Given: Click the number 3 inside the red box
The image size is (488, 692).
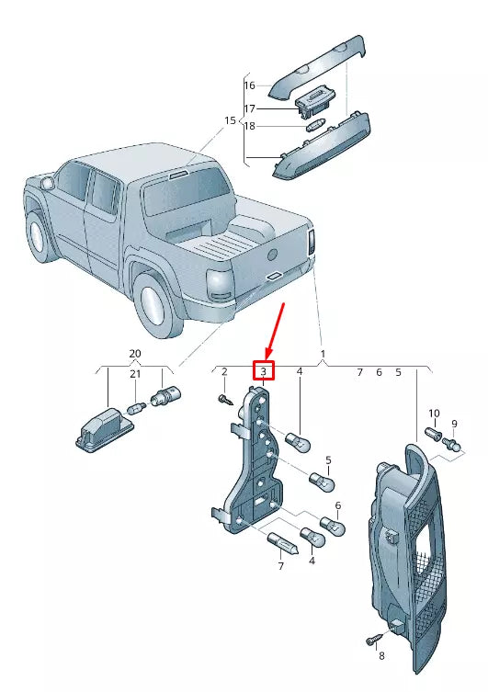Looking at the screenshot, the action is (x=264, y=371).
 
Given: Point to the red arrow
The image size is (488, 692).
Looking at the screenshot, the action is (x=276, y=332).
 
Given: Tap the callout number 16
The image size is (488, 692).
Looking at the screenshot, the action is (x=250, y=85).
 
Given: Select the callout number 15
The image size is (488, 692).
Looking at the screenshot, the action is (x=231, y=120).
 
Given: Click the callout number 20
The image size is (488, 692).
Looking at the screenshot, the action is (x=135, y=354).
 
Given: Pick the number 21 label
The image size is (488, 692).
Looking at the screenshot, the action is (x=135, y=374).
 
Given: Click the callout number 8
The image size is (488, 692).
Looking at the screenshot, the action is (x=381, y=656).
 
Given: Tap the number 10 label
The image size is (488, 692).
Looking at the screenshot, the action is (x=434, y=414).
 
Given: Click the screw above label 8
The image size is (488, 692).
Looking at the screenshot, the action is (x=374, y=639).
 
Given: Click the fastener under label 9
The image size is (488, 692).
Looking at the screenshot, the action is (x=453, y=444).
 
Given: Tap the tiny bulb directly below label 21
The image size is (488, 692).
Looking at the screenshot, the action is (x=137, y=408).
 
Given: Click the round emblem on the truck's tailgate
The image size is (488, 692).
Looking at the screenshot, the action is (x=274, y=255).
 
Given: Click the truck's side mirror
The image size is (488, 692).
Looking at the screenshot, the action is (x=46, y=182).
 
